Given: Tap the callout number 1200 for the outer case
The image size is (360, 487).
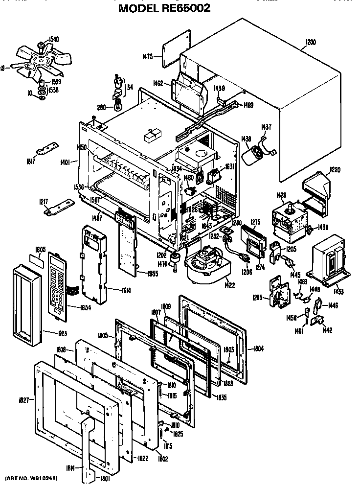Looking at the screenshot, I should coord(310,42).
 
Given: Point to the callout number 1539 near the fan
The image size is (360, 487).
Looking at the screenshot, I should coord(56,82).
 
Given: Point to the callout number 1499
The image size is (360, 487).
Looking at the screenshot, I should coord(248,105).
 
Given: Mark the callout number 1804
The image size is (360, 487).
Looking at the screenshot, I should coord(259,348).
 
